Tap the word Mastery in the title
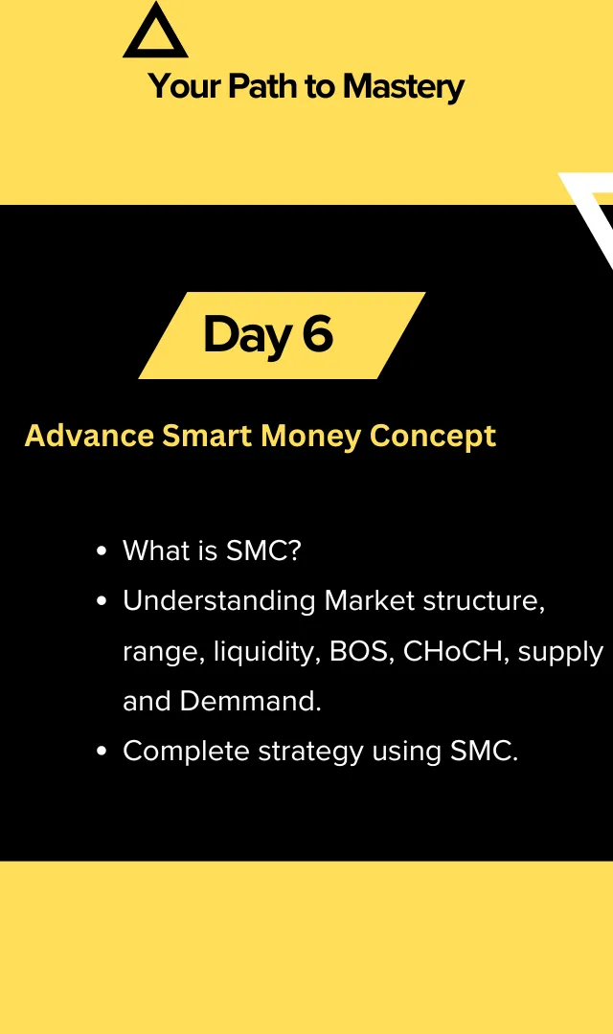pos(404,88)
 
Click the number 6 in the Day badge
pos(318,334)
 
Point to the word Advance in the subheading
pos(89,436)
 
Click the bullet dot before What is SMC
pos(102,551)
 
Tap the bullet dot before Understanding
pos(102,601)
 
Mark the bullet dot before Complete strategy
pos(102,752)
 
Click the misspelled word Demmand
pos(250,701)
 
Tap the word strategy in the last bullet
pos(310,753)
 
